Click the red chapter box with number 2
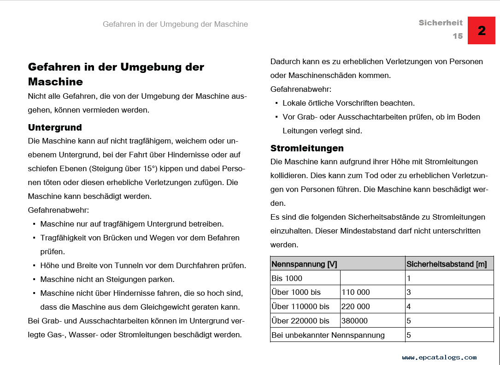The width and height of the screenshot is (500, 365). [x=482, y=30]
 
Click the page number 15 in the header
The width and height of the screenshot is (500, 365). [x=457, y=36]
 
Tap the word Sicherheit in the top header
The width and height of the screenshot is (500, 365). [x=441, y=23]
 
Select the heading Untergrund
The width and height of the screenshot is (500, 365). [x=55, y=127]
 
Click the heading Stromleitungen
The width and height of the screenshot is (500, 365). [x=307, y=148]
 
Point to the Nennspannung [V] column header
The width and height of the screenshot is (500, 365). [x=304, y=264]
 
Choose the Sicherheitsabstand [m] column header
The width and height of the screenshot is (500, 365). [x=446, y=264]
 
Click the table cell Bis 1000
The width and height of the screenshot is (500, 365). [x=287, y=278]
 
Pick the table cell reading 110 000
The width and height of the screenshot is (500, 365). [x=356, y=292]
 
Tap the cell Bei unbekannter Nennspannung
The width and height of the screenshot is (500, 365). [x=328, y=335]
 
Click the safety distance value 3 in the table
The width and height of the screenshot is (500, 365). [x=409, y=292]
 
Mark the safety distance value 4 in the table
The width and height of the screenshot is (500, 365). [x=409, y=306]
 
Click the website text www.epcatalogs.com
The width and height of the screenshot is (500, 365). [x=439, y=357]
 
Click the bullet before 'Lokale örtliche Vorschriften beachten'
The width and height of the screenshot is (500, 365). [x=276, y=103]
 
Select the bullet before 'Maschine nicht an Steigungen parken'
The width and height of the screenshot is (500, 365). [x=34, y=280]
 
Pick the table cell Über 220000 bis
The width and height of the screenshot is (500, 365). [x=300, y=321]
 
